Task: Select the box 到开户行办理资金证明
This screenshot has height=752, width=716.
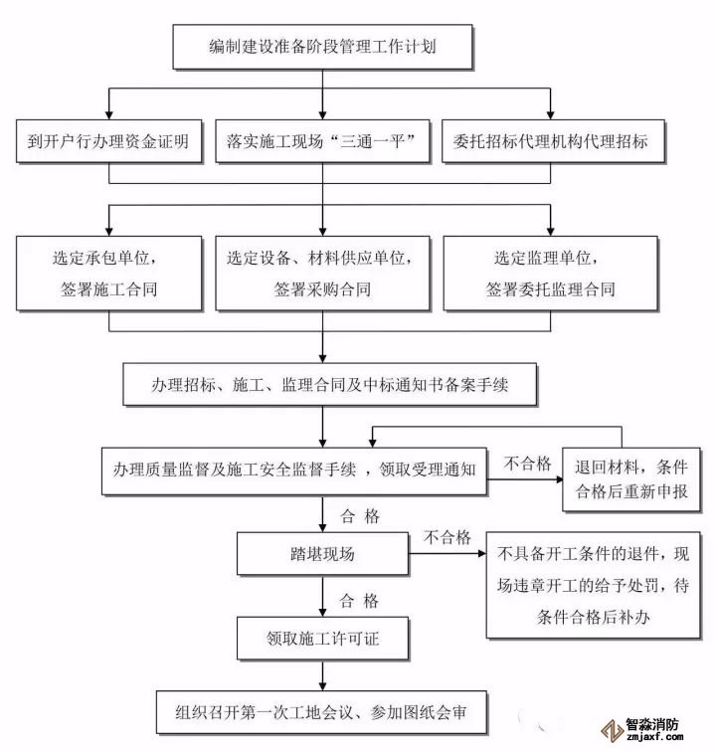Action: [x=108, y=141]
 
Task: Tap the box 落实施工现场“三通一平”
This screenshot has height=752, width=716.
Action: [x=321, y=141]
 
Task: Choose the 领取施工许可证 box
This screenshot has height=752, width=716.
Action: [x=321, y=638]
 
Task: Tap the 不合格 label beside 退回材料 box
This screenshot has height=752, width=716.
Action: [x=527, y=464]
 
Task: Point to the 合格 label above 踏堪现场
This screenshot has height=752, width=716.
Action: [x=359, y=515]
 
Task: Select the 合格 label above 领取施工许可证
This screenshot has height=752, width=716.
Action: [x=359, y=600]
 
